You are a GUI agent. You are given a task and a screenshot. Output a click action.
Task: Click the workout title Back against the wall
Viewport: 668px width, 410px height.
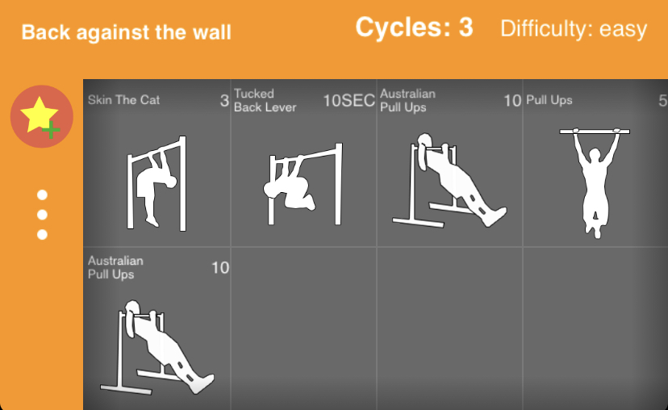pyautogui.click(x=126, y=32)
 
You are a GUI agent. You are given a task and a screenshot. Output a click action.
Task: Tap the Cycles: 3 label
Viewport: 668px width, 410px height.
pyautogui.click(x=414, y=27)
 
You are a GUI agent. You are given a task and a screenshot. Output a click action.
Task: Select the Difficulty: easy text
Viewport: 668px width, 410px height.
pyautogui.click(x=574, y=29)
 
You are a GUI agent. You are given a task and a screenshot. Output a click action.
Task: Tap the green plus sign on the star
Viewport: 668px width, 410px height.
pyautogui.click(x=51, y=130)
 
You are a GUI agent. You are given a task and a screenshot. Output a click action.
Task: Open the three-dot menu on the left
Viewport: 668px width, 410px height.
pyautogui.click(x=42, y=215)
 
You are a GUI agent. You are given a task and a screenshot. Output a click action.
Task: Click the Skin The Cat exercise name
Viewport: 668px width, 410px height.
pyautogui.click(x=123, y=100)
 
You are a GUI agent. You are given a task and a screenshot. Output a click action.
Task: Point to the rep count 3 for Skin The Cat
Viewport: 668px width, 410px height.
pyautogui.click(x=224, y=101)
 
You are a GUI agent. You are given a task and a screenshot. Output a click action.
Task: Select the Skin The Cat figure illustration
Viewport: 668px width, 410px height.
pyautogui.click(x=157, y=183)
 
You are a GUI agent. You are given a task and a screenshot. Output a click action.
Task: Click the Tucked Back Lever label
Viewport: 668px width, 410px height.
pyautogui.click(x=265, y=101)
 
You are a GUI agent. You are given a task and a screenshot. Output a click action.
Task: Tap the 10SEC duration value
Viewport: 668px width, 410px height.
pyautogui.click(x=349, y=101)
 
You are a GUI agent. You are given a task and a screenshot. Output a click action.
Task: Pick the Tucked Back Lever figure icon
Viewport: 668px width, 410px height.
pyautogui.click(x=303, y=184)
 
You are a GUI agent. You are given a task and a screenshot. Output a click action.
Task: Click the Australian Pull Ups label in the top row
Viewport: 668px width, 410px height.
pyautogui.click(x=407, y=101)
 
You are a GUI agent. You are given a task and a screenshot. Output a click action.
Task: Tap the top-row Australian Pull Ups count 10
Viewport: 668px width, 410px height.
pyautogui.click(x=512, y=101)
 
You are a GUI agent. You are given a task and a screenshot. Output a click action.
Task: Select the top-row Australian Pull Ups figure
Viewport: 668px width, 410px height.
pyautogui.click(x=449, y=180)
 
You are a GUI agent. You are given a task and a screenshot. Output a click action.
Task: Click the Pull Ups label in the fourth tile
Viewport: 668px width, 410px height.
pyautogui.click(x=549, y=100)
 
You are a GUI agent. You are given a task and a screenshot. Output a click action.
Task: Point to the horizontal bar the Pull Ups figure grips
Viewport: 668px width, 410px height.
pyautogui.click(x=595, y=132)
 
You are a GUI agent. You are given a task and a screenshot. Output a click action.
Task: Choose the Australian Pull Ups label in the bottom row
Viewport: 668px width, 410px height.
pyautogui.click(x=115, y=268)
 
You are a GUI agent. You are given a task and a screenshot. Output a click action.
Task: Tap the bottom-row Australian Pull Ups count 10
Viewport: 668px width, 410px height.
pyautogui.click(x=220, y=268)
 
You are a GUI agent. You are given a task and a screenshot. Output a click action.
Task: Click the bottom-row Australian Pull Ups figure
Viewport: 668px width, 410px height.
pyautogui.click(x=157, y=347)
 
